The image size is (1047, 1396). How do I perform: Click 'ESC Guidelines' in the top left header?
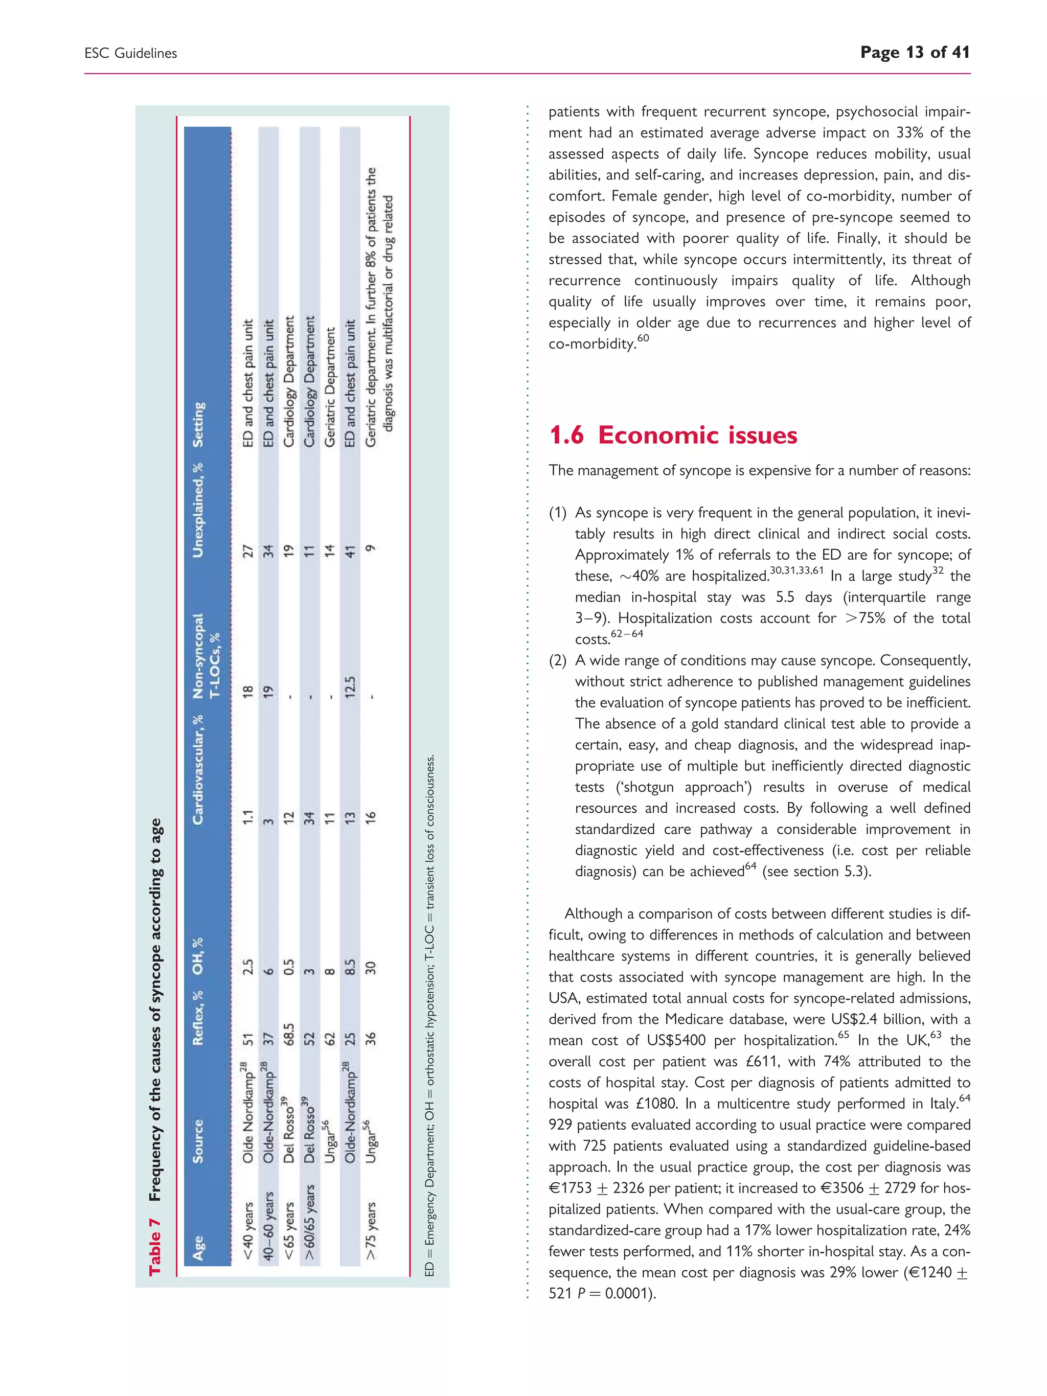[131, 54]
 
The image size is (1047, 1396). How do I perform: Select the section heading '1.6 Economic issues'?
[673, 436]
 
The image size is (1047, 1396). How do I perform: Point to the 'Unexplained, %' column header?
[199, 511]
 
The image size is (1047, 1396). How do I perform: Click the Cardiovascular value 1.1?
[248, 818]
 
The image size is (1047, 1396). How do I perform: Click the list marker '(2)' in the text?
[558, 661]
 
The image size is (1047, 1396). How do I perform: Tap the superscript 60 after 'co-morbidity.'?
[643, 339]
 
